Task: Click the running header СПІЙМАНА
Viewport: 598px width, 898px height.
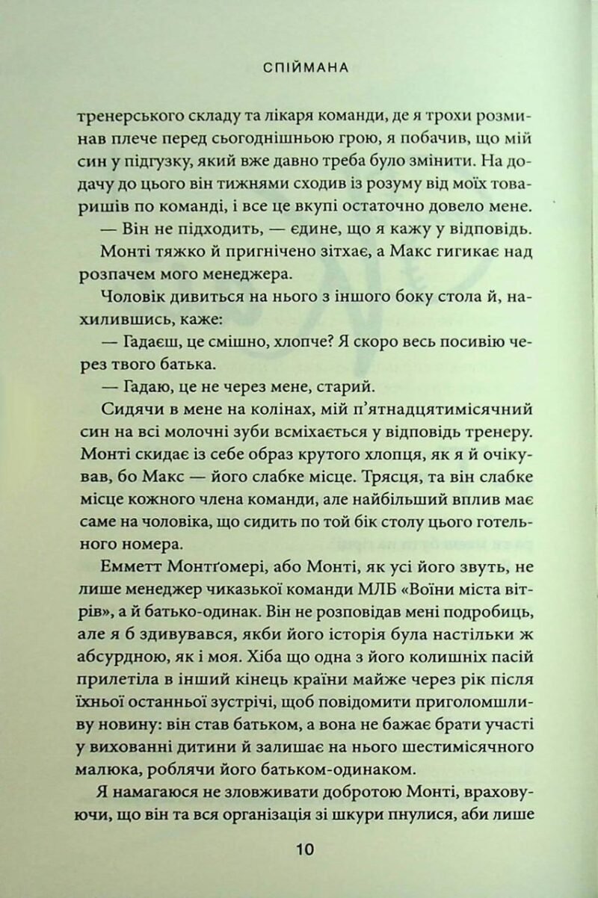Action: click(308, 68)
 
